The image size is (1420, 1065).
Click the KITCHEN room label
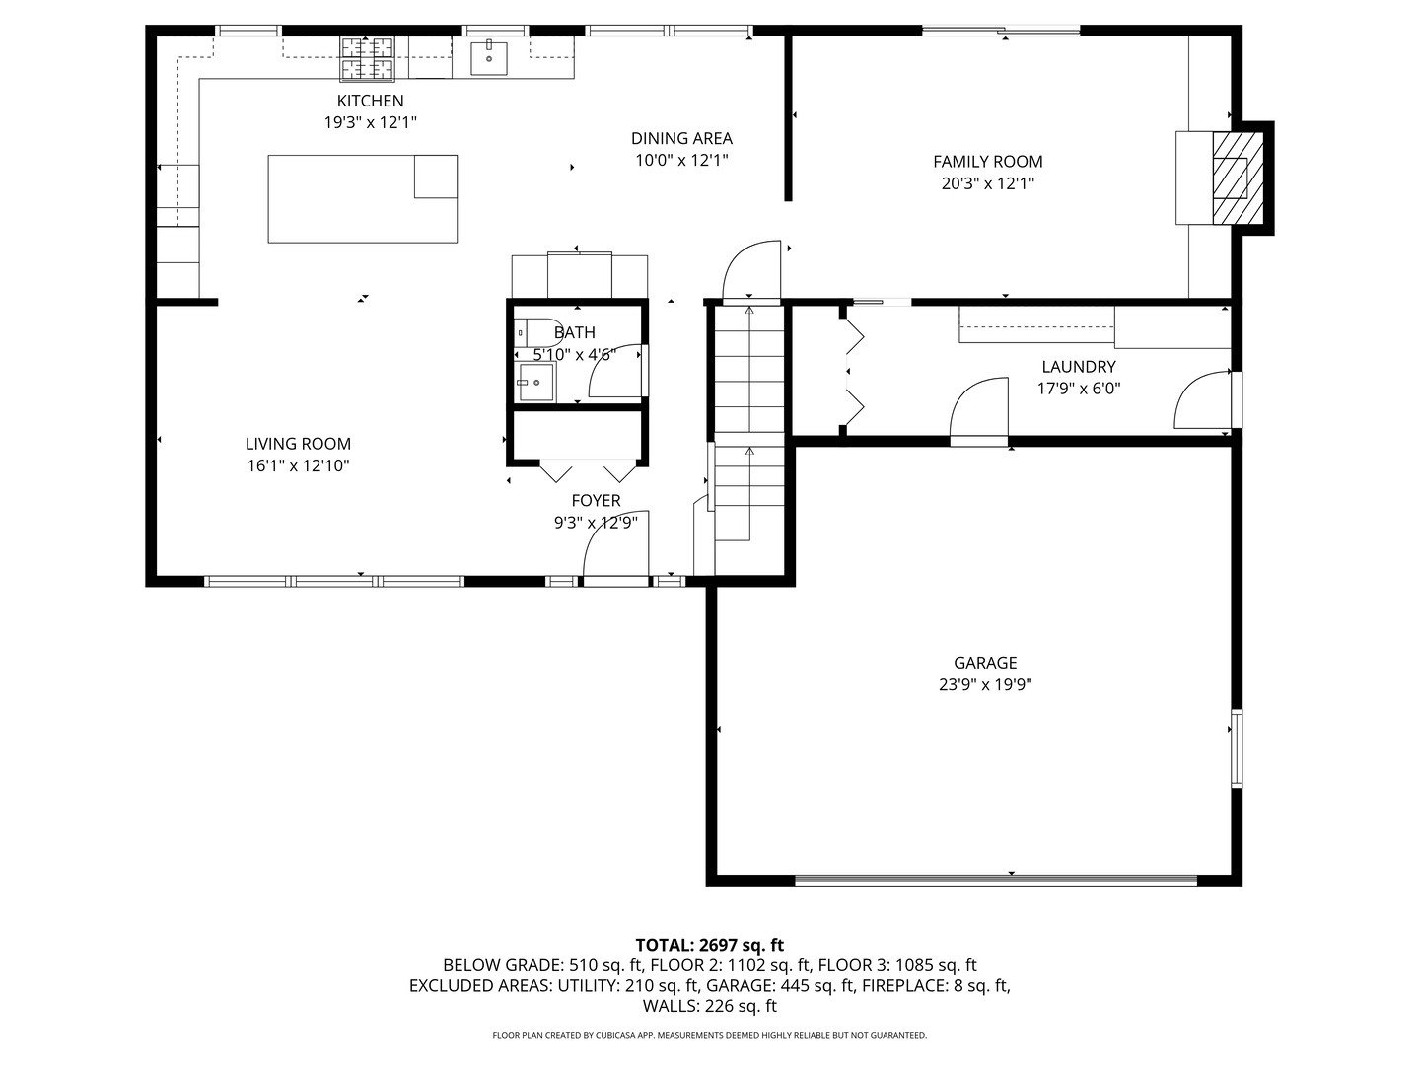point(370,101)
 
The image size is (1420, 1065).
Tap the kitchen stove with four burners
point(368,57)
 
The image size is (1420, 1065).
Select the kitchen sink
point(488,57)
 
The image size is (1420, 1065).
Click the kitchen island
point(362,198)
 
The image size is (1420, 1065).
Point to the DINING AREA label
point(681,139)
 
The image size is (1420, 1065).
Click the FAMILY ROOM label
point(987,162)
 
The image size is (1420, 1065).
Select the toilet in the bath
point(528,333)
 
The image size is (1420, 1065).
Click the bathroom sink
point(535,382)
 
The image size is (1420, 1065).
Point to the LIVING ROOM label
point(298,445)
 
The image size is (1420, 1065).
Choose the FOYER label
point(596,501)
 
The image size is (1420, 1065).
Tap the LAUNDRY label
point(1078,367)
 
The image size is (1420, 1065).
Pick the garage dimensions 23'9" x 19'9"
point(985,684)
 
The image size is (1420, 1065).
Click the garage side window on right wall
point(1237,747)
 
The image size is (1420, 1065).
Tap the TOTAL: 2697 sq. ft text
point(709,945)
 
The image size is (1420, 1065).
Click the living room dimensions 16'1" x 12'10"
point(298,465)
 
